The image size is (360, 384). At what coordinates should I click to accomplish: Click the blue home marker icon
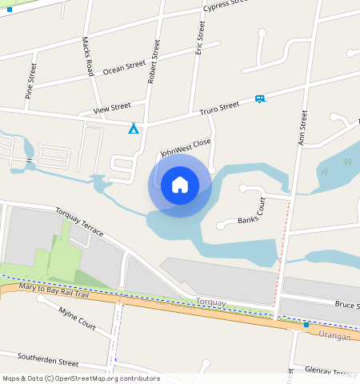tap(180, 186)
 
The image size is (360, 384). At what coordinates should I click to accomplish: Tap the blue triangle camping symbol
tap(134, 128)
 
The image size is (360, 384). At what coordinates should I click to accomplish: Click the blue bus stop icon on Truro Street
tap(259, 99)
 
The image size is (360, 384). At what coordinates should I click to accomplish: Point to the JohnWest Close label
tap(186, 147)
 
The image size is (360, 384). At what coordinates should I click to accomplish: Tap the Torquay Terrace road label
tap(79, 221)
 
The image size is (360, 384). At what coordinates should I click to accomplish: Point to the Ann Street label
tap(303, 126)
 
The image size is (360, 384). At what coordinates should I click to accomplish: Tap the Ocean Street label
tap(125, 68)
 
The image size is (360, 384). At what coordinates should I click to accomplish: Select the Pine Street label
tap(31, 81)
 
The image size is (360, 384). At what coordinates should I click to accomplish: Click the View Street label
tap(111, 107)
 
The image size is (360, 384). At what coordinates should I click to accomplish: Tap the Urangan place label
tap(334, 336)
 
